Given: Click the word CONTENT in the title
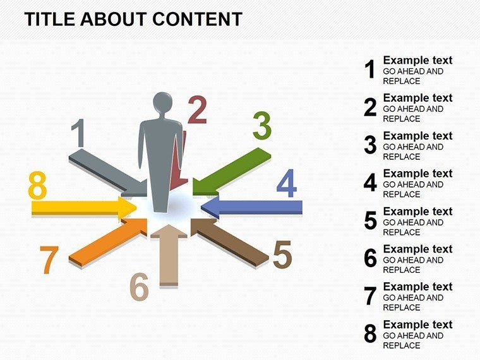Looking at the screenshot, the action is (x=197, y=19).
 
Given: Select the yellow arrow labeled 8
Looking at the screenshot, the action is (x=84, y=208).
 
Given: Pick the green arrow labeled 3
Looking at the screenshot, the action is (x=232, y=171).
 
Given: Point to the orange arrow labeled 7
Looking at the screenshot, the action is (x=108, y=242).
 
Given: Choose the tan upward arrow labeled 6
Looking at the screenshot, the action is (x=169, y=255).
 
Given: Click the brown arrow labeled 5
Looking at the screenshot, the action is (x=230, y=242).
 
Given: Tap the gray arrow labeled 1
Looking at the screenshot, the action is (x=108, y=173).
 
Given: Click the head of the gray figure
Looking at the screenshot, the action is (x=162, y=103).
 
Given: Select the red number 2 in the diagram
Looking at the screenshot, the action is (x=197, y=110).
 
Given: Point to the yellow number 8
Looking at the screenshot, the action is (x=37, y=184).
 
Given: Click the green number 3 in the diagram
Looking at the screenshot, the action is (x=262, y=125).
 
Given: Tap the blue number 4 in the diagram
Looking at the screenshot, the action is (x=287, y=183).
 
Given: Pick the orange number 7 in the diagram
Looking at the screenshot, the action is (x=49, y=260).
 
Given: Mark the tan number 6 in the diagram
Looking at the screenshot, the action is (x=140, y=287).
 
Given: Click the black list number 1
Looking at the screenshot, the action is (x=370, y=69).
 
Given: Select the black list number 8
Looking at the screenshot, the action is (x=370, y=333).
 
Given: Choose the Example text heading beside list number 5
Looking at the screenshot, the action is (x=417, y=211).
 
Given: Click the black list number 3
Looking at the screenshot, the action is (x=370, y=145).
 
